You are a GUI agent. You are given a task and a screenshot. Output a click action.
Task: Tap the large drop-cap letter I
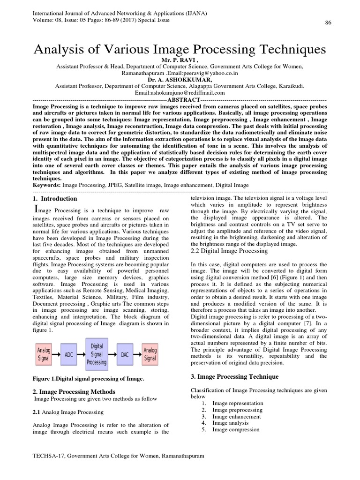[38, 209]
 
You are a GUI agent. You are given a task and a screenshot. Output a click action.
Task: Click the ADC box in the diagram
[68, 355]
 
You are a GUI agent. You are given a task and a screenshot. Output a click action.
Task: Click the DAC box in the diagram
[125, 355]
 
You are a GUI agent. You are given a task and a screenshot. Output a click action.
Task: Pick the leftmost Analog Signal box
[44, 355]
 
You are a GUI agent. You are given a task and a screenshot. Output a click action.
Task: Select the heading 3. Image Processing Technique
[235, 377]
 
